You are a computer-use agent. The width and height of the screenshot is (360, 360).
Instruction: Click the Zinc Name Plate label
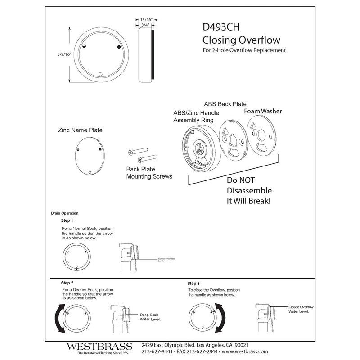pyautogui.click(x=80, y=130)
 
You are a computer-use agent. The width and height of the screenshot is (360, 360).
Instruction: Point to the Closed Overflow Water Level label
pyautogui.click(x=301, y=309)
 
